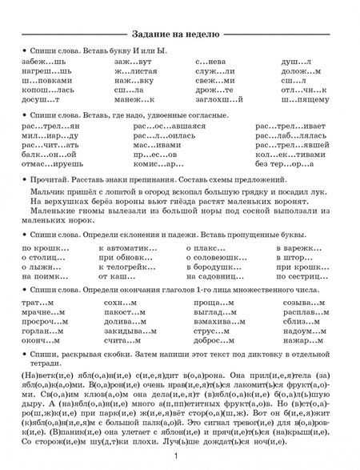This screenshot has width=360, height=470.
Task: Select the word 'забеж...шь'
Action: [x=42, y=62]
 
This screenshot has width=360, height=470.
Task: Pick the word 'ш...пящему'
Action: [x=304, y=100]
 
